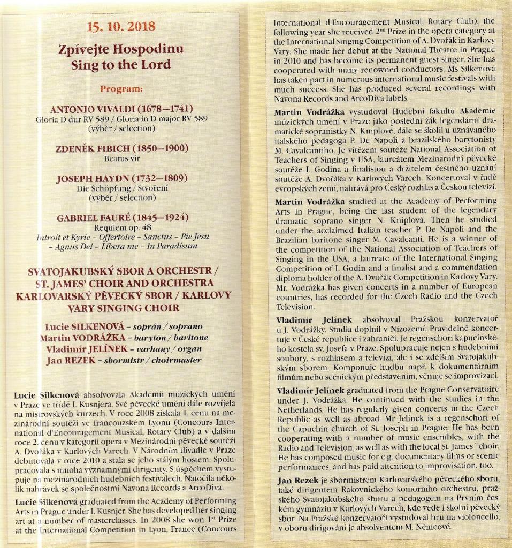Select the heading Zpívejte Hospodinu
pyautogui.click(x=121, y=49)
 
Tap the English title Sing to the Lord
pyautogui.click(x=121, y=65)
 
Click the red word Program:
pyautogui.click(x=121, y=88)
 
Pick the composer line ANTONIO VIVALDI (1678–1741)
pyautogui.click(x=121, y=109)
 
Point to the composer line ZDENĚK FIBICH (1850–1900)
pyautogui.click(x=121, y=149)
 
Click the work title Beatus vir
pyautogui.click(x=121, y=159)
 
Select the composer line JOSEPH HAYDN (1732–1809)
pyautogui.click(x=121, y=179)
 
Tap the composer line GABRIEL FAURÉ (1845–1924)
pyautogui.click(x=121, y=218)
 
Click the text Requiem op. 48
pyautogui.click(x=121, y=227)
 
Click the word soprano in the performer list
pyautogui.click(x=179, y=326)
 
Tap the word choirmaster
pyautogui.click(x=177, y=360)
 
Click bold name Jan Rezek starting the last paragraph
pyautogui.click(x=296, y=481)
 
